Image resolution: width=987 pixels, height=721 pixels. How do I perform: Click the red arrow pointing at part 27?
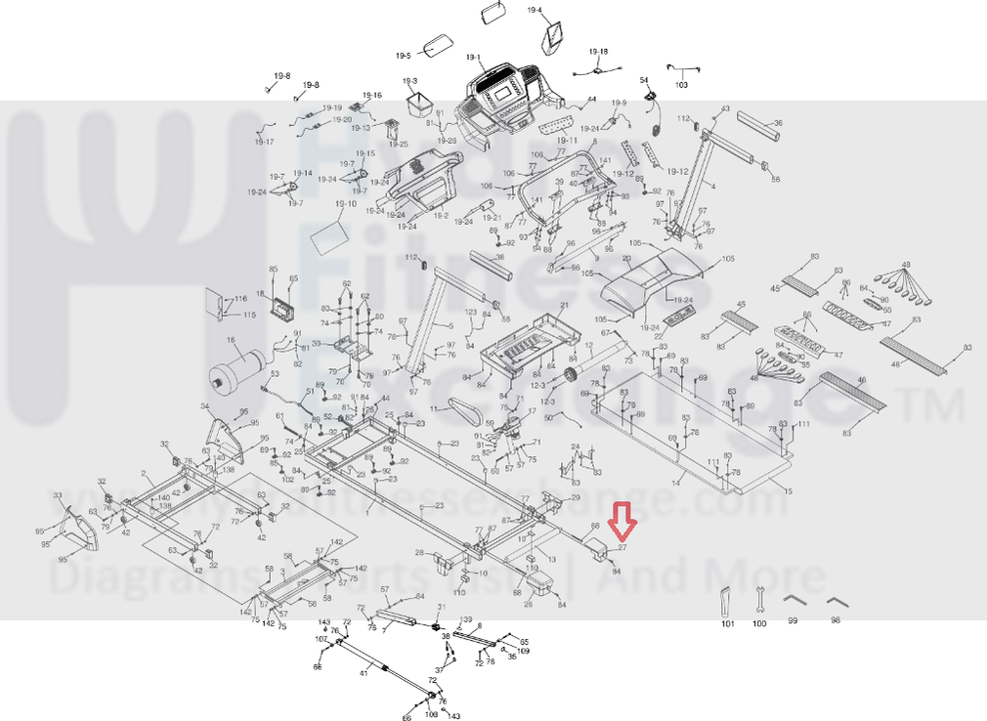point(622,522)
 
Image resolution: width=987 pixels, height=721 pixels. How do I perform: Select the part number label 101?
point(727,622)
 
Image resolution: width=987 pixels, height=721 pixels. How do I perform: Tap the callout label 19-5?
point(404,57)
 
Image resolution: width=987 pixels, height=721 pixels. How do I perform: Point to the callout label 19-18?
point(598,51)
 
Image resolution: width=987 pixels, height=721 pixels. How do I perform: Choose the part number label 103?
point(681,85)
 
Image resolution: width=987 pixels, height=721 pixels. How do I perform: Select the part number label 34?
point(205,406)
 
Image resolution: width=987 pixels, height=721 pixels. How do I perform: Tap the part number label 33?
point(58,495)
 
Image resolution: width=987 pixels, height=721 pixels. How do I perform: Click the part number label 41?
point(364,672)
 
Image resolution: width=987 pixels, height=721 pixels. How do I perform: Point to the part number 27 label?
point(622,548)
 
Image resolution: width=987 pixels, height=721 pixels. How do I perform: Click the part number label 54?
point(644,80)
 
